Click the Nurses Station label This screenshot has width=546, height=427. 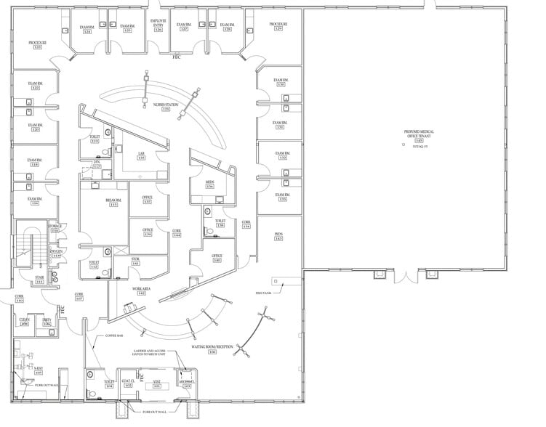click(x=166, y=105)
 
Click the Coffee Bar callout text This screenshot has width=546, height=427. click(x=116, y=335)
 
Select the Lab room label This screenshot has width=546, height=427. click(x=141, y=154)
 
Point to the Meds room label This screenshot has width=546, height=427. click(x=209, y=183)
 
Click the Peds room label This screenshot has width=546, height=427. click(x=278, y=234)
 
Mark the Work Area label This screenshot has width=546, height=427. click(x=140, y=288)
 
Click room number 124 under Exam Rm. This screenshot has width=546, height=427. click(x=87, y=32)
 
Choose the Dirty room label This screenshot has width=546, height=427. click(x=46, y=320)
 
